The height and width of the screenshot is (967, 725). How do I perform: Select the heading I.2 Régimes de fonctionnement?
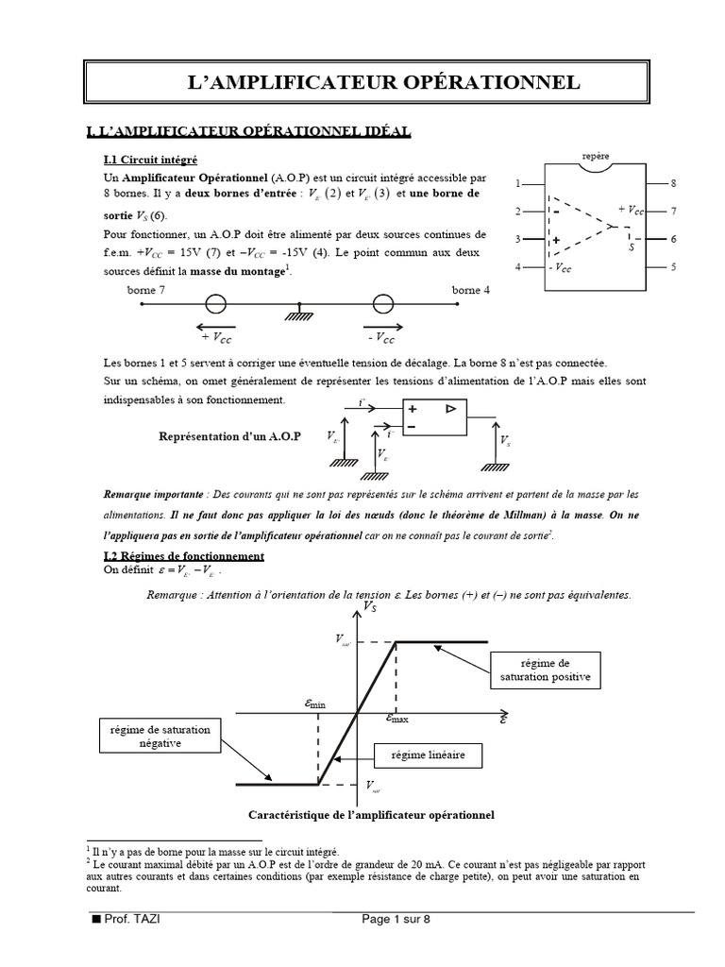point(184,556)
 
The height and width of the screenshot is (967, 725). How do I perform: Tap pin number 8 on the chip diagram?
point(674,182)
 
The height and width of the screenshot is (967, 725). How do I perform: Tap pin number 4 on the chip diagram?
point(517,268)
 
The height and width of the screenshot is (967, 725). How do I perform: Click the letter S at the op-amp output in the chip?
point(631,246)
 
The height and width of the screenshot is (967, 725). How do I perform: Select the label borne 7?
point(146,291)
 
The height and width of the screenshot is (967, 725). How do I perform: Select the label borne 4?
point(471,291)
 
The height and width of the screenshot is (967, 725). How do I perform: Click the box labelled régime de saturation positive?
point(545,670)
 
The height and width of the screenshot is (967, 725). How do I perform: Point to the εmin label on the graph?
point(314,704)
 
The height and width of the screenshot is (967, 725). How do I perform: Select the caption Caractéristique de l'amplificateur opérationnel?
point(371,814)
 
